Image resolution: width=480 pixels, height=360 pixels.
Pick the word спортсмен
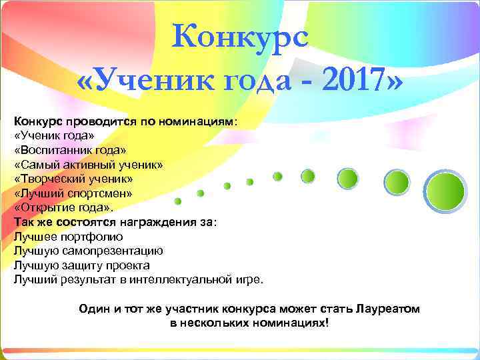coord(103,193)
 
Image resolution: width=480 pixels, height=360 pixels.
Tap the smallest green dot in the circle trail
coord(178,201)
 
